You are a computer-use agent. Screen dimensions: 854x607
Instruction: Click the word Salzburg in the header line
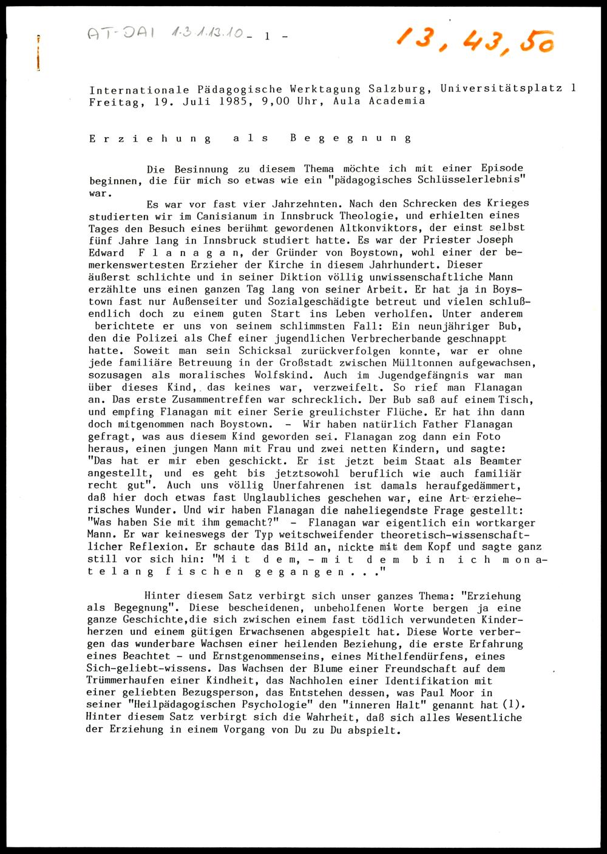click(x=405, y=89)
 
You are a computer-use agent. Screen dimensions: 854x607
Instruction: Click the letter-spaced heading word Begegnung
click(x=351, y=138)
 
